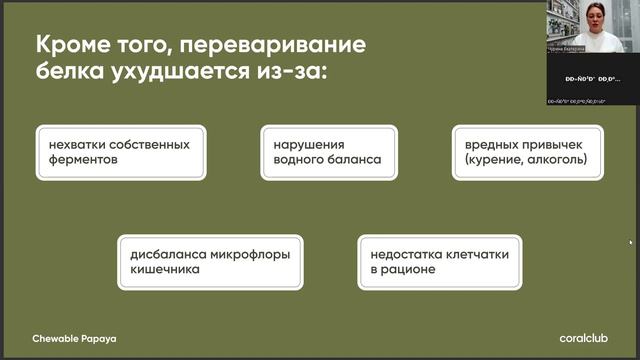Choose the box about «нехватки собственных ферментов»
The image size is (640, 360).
(x=119, y=152)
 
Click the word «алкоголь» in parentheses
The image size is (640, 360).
(x=554, y=160)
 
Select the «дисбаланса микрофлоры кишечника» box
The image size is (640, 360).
(x=210, y=262)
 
